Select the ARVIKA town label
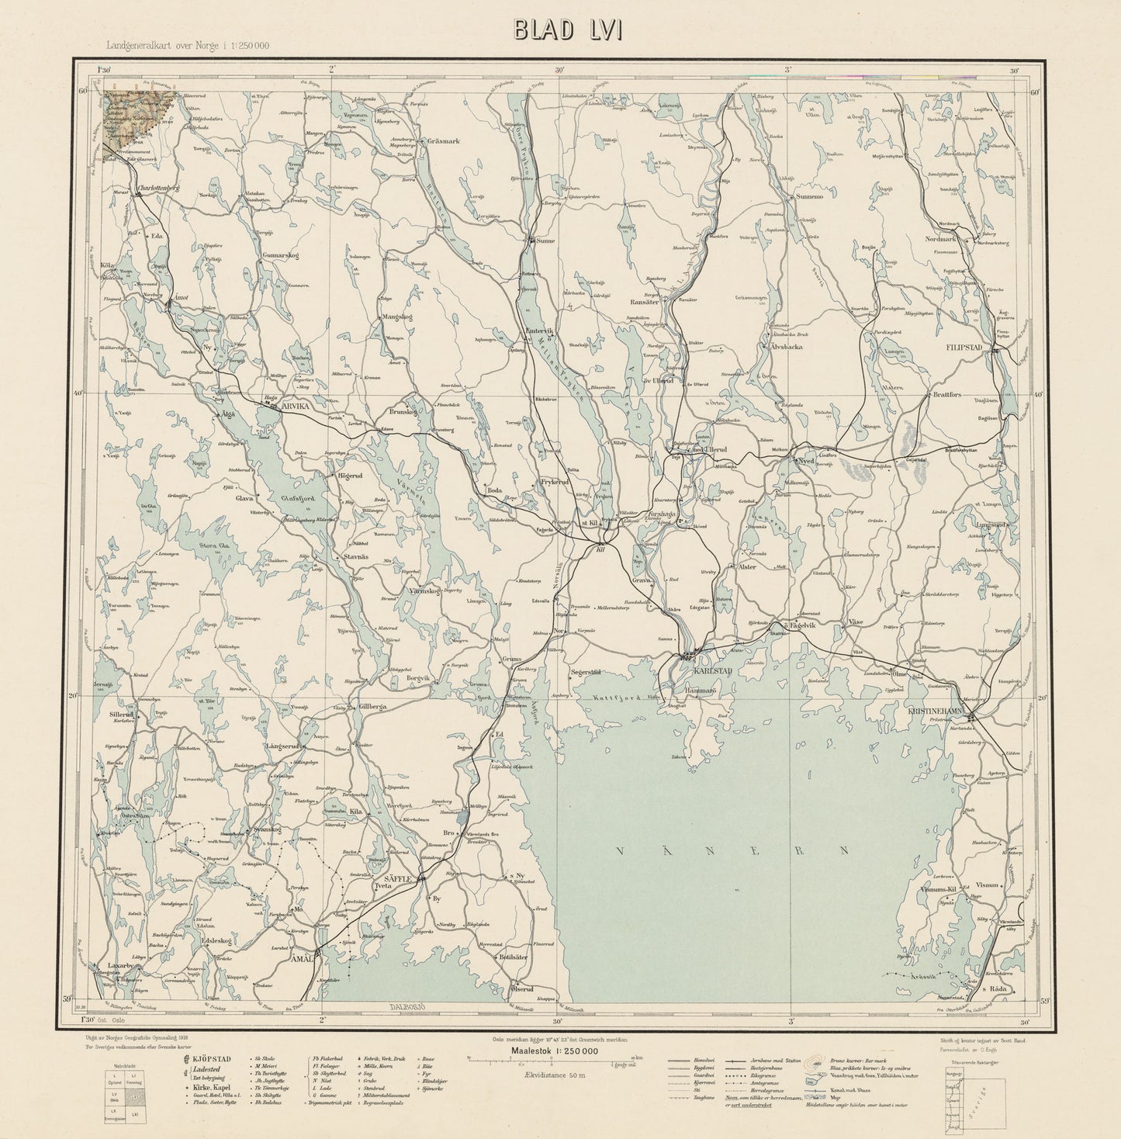[295, 405]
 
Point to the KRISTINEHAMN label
[939, 711]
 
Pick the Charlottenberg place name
[157, 188]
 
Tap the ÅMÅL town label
[301, 959]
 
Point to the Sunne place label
[545, 241]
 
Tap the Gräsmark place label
[445, 142]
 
